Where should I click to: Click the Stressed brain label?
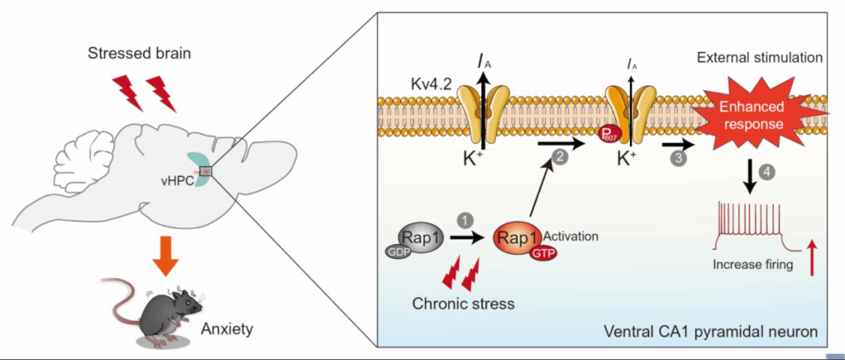[139, 54]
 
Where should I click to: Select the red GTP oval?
[543, 253]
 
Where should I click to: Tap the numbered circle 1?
[464, 219]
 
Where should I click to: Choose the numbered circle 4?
[766, 172]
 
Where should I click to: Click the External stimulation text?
[759, 57]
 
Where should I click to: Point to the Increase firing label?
[753, 264]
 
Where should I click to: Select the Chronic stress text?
[463, 303]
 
